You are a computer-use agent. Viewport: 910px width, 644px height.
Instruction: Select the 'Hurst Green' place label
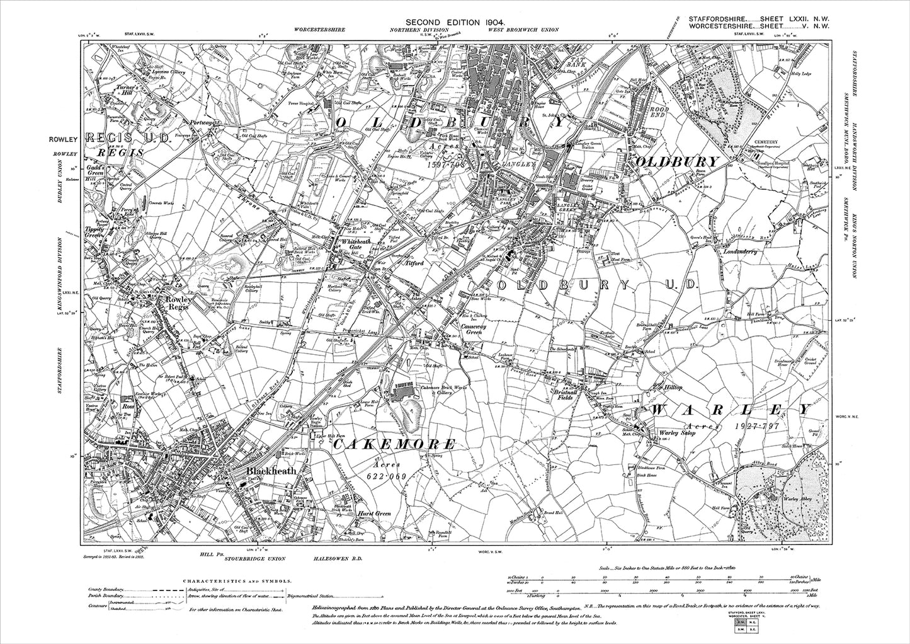374,514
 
